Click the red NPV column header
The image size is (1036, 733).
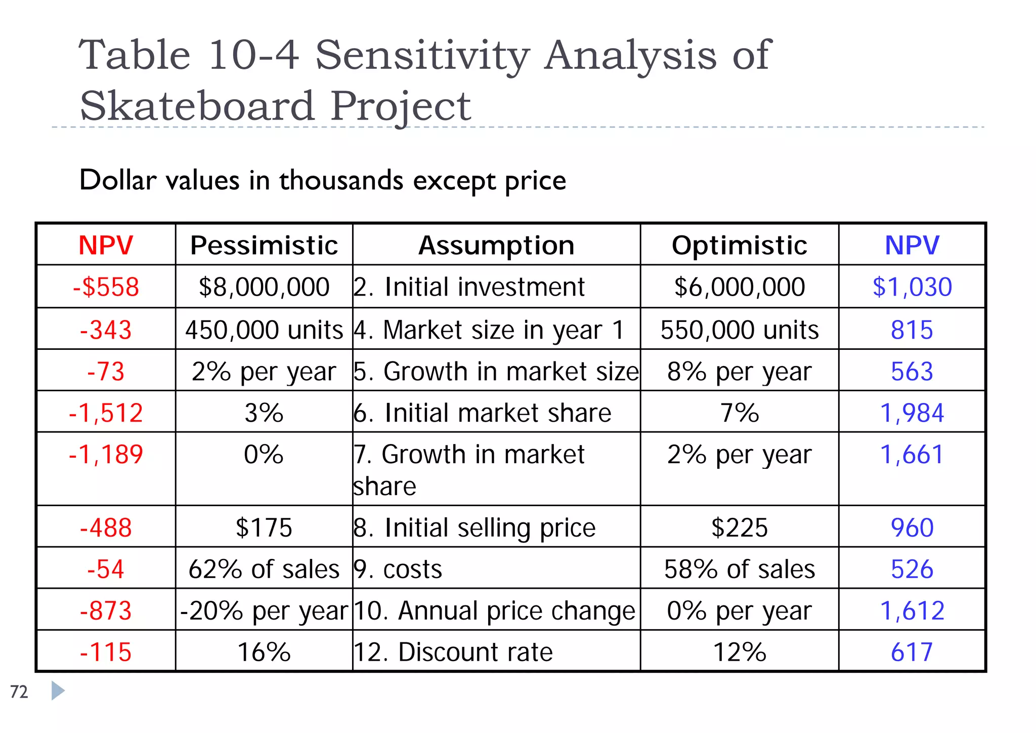[106, 246]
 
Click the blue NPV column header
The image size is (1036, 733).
[912, 246]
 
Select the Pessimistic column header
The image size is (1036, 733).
[264, 246]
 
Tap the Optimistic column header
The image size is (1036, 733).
[739, 246]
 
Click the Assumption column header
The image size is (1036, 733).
[496, 246]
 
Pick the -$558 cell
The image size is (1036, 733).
[106, 287]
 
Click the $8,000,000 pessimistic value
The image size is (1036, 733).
[264, 287]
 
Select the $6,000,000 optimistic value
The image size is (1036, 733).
[739, 287]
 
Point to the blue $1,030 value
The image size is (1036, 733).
[912, 287]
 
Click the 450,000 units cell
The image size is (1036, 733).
[264, 330]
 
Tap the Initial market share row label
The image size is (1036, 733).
[483, 413]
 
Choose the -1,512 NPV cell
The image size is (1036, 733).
[106, 413]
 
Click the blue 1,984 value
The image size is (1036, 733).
[912, 413]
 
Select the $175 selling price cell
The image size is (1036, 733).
[264, 527]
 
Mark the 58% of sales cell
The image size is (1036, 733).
[739, 569]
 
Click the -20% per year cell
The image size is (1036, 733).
[264, 610]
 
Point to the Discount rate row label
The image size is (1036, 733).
[453, 652]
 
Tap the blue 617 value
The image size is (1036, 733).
[912, 652]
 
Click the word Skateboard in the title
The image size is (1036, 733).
[197, 106]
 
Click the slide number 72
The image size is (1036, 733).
[19, 691]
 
